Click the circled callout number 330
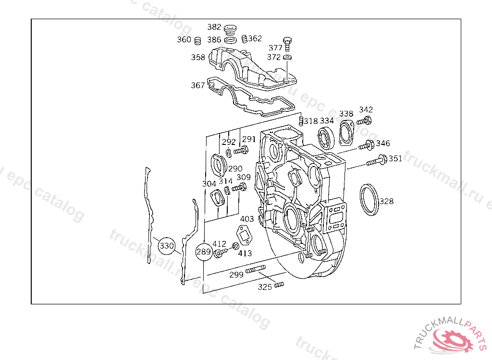pyautogui.click(x=166, y=246)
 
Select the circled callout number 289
pyautogui.click(x=204, y=252)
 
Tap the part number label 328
pyautogui.click(x=386, y=201)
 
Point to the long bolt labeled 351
pyautogui.click(x=377, y=160)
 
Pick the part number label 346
pyautogui.click(x=383, y=143)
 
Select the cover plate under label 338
pyautogui.click(x=346, y=132)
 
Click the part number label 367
pyautogui.click(x=198, y=85)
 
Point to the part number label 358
pyautogui.click(x=198, y=57)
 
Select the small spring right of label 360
pyautogui.click(x=197, y=40)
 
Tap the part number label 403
pyautogui.click(x=247, y=219)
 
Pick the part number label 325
pyautogui.click(x=265, y=287)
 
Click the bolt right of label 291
pyautogui.click(x=240, y=151)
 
